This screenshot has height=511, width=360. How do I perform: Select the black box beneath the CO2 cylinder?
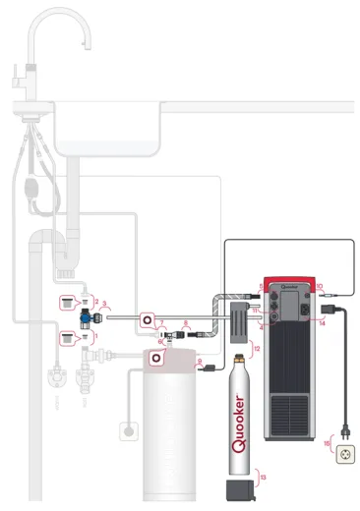coord(238,488)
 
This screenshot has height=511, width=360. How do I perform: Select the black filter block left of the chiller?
coord(236,320)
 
